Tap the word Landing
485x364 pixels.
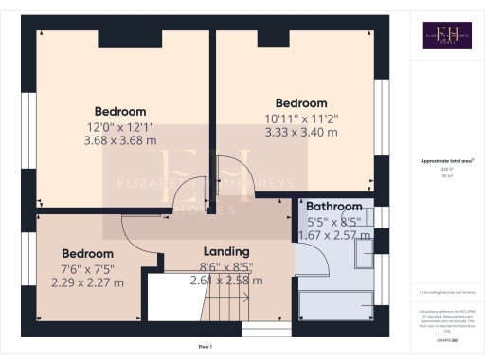coord(226,251)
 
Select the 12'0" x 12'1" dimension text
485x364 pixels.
coord(120,127)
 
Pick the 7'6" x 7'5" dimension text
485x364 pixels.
coord(88,267)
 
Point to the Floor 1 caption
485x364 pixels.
coord(205,348)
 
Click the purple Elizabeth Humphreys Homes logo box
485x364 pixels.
coord(446,35)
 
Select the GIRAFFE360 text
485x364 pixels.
coord(446,340)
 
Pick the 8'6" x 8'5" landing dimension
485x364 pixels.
coord(226,266)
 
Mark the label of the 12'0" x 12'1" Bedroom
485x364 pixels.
coord(120,111)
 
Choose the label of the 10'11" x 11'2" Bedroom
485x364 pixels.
coord(301,103)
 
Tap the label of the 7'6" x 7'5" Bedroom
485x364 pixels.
coord(88,253)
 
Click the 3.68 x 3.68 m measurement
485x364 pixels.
coord(120,142)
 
